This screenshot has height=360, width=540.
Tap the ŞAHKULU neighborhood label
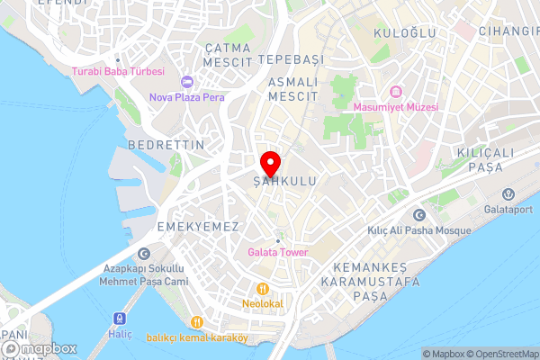tap(284, 182)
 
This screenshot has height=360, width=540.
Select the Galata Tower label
tap(277, 253)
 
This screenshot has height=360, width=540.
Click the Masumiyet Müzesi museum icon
tap(395, 92)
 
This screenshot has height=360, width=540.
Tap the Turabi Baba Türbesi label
tap(119, 71)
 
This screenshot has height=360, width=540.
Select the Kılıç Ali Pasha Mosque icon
tap(418, 215)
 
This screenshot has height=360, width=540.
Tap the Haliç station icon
tap(119, 319)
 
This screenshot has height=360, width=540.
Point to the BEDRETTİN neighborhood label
tap(166, 145)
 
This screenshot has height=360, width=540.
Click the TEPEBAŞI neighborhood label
tap(290, 58)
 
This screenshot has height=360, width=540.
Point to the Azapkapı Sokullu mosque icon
tap(145, 256)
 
